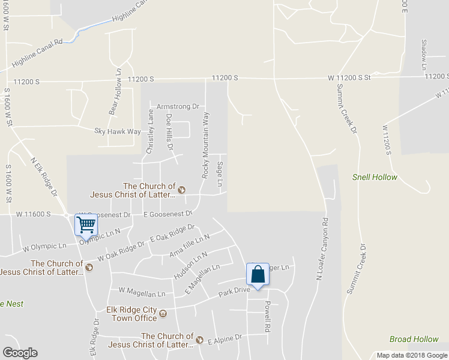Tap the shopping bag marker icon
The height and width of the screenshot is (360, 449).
[x=258, y=275]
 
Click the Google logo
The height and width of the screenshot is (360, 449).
[x=20, y=352]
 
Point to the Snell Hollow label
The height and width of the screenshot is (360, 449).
[x=375, y=177]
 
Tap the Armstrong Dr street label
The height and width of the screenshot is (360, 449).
[x=178, y=106]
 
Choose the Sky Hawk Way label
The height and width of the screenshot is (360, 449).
[x=118, y=131]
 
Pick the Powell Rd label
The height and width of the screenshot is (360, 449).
[x=268, y=317]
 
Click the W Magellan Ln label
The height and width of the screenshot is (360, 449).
[x=142, y=293]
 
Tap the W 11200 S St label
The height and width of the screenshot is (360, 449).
[x=349, y=78]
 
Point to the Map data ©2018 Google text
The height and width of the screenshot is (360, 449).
[x=411, y=355]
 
